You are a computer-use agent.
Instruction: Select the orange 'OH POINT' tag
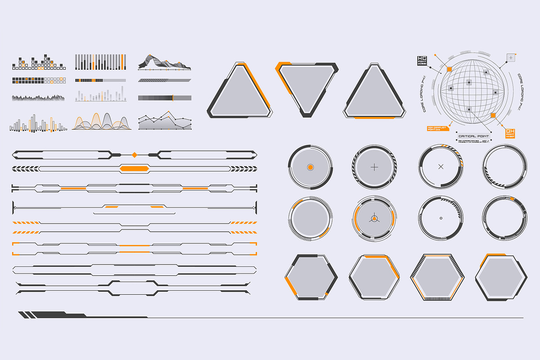pyautogui.click(x=510, y=134)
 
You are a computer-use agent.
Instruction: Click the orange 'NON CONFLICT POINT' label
pyautogui.click(x=436, y=128)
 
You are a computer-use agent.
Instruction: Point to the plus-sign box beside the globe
pyautogui.click(x=511, y=57)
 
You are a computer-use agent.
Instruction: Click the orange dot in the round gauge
pyautogui.click(x=310, y=167)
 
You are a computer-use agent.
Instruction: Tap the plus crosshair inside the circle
pyautogui.click(x=374, y=167)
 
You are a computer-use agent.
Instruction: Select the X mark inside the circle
pyautogui.click(x=441, y=167)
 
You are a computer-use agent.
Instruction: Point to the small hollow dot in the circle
pyautogui.click(x=441, y=218)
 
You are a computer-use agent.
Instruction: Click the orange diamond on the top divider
pyautogui.click(x=134, y=155)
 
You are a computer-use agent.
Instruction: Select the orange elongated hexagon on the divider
pyautogui.click(x=134, y=168)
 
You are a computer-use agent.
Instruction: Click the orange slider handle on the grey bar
pyautogui.click(x=173, y=98)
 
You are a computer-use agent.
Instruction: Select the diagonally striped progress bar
pyautogui.click(x=164, y=80)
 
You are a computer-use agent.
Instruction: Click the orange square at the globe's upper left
pyautogui.click(x=449, y=69)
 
